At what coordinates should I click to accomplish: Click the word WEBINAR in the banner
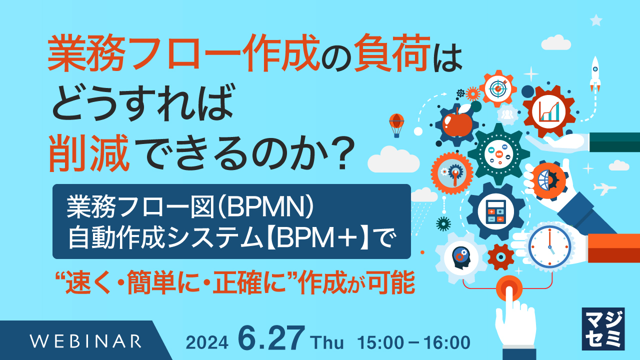pos(85,341)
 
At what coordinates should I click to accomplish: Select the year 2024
pos(207,342)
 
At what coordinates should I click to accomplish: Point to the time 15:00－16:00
pos(414,342)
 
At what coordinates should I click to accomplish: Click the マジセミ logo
pos(603,328)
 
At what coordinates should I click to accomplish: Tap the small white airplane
pos(604,189)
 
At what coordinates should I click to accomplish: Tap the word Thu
pos(327,343)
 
